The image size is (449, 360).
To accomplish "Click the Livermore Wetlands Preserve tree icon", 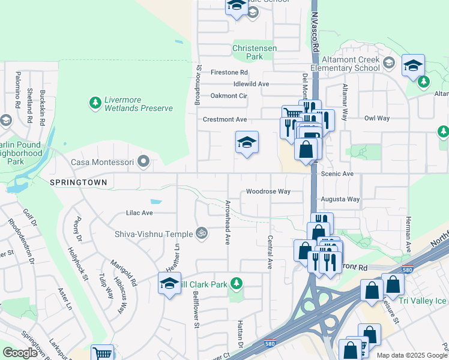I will point(95,103).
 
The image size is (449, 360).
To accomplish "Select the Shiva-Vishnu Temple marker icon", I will point(203,233).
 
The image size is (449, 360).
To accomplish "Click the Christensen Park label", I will point(247,52).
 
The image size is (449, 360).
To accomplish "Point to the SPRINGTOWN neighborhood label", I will point(78,182).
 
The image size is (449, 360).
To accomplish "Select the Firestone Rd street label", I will point(229,73).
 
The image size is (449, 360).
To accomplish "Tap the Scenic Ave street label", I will point(337,174).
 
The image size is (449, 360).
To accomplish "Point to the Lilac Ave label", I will point(139,213).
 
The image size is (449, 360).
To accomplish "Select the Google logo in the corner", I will point(20,353).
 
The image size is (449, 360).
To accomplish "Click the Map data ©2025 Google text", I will point(412,355).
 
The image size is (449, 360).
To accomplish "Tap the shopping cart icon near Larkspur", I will point(103,354).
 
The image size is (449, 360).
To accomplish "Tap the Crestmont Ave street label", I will point(224,119).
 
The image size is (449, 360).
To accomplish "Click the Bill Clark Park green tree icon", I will point(237,283).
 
